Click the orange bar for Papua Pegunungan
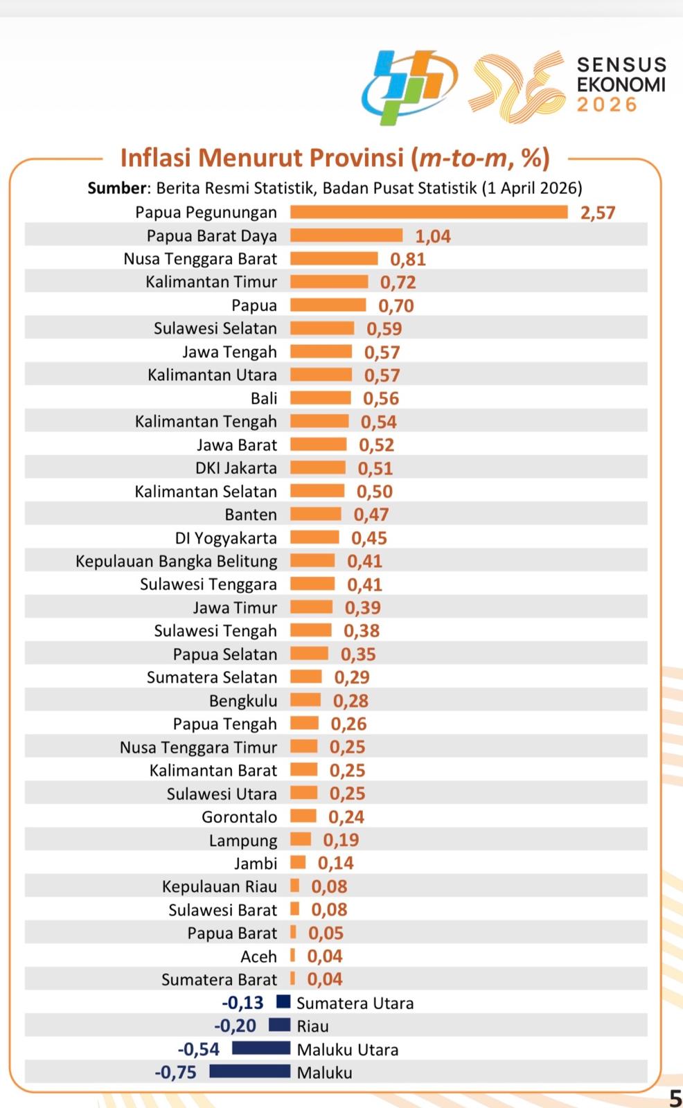(429, 212)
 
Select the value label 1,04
(433, 236)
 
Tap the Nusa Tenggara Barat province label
(200, 259)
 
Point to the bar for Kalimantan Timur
(329, 282)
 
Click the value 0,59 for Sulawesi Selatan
(384, 329)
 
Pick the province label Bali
(264, 398)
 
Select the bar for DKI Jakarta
(317, 468)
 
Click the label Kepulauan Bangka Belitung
(177, 561)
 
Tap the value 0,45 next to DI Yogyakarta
(369, 538)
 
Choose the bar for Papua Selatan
(309, 654)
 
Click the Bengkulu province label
(243, 701)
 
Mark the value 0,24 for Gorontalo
(346, 817)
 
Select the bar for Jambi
(298, 863)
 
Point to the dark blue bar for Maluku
(249, 1072)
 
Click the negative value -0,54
(199, 1049)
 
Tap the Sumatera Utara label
(355, 1003)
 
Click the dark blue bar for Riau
(279, 1026)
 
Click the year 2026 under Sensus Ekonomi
(607, 105)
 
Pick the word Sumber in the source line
(116, 188)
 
